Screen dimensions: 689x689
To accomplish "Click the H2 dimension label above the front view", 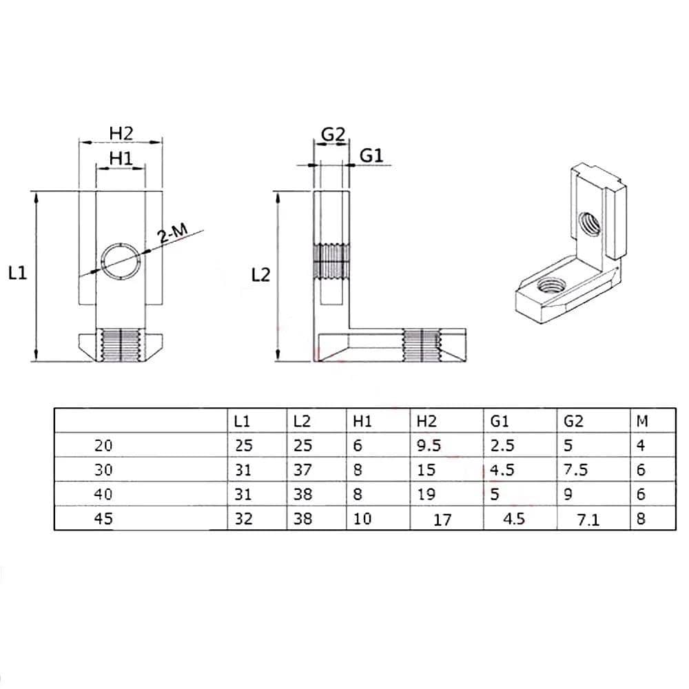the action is (x=121, y=133).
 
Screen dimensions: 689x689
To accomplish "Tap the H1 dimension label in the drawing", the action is (x=121, y=158).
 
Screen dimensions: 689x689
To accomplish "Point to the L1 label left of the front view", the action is (x=18, y=274).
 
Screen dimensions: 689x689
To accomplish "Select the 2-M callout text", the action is (x=173, y=234).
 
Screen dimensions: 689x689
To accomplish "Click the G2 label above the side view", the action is (x=333, y=134).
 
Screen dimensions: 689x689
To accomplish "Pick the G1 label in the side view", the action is (x=371, y=156).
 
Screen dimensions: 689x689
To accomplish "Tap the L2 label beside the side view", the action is (x=260, y=275).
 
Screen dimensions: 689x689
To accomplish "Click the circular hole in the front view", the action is (x=121, y=261).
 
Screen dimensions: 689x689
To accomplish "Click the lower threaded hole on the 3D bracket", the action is (x=551, y=287).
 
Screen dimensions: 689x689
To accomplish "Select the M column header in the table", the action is (x=642, y=422).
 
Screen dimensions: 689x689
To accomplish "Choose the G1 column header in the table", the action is (x=499, y=422).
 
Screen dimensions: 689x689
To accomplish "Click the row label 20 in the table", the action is (x=103, y=446).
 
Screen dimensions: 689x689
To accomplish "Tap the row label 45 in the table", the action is (x=103, y=519).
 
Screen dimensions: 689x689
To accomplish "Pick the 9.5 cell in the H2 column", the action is (x=429, y=446).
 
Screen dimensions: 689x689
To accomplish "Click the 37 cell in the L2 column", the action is (x=302, y=470).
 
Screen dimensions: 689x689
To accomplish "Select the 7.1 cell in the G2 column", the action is (x=588, y=520).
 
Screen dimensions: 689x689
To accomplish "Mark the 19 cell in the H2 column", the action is (x=426, y=494).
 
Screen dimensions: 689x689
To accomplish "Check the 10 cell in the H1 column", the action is (x=362, y=519).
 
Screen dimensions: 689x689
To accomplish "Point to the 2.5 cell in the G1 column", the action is (x=502, y=446).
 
